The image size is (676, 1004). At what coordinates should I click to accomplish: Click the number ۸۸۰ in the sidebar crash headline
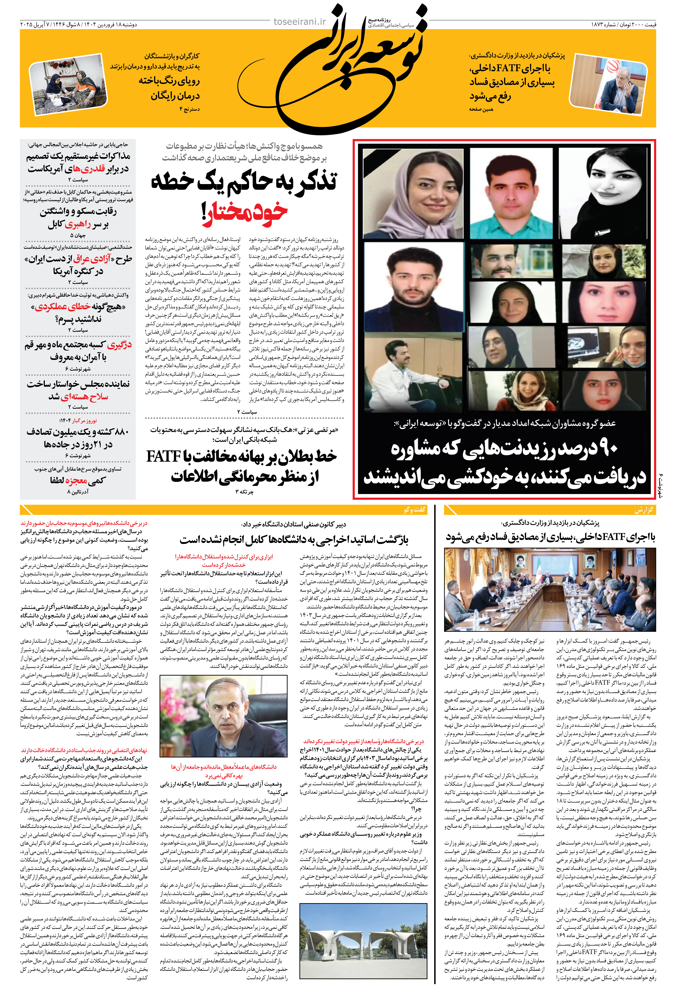pos(120,431)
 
